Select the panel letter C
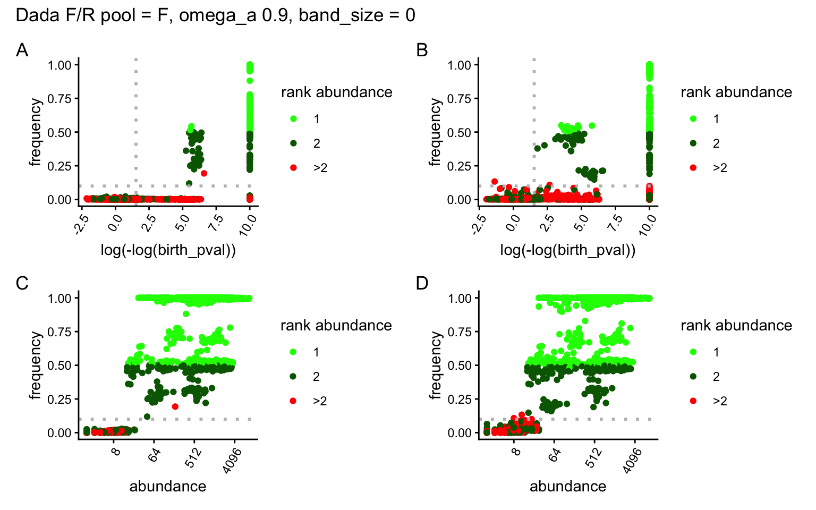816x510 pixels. pos(22,283)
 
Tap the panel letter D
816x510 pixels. pos(422,283)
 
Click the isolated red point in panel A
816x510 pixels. pos(204,173)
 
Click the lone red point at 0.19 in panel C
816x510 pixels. pos(175,406)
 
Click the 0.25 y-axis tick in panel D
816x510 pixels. pos(460,399)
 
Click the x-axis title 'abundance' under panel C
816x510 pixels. pos(168,486)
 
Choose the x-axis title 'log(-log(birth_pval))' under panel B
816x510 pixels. pos(568,250)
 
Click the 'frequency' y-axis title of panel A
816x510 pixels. pos(36,132)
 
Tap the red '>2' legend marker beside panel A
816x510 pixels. pos(293,168)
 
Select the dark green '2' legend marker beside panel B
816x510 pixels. pos(693,143)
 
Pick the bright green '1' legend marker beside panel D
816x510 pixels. pos(693,352)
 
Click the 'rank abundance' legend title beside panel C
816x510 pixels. pos(336,325)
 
